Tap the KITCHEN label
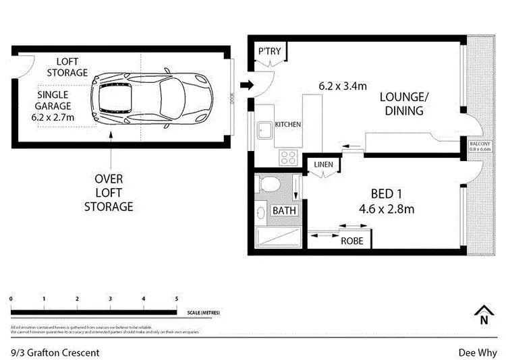pos(287,125)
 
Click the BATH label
pos(283,211)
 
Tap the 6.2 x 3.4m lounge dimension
pos(343,86)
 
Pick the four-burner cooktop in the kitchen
pos(289,157)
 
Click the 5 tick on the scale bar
pos(176,299)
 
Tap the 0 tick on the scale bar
pos(11,299)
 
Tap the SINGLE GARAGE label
pos(54,106)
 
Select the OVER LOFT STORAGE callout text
pos(108,193)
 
